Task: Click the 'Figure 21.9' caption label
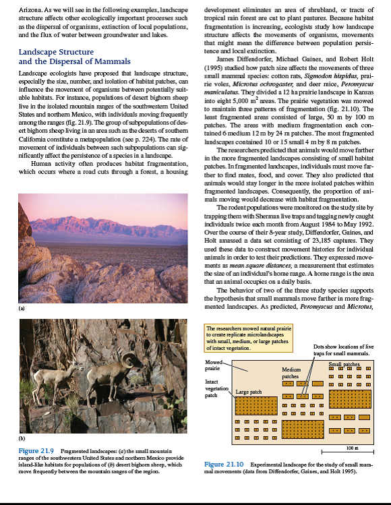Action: pos(36,450)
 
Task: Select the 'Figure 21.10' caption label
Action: pos(224,465)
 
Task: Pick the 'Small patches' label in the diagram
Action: pos(344,363)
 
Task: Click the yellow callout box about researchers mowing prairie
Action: pos(249,339)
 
